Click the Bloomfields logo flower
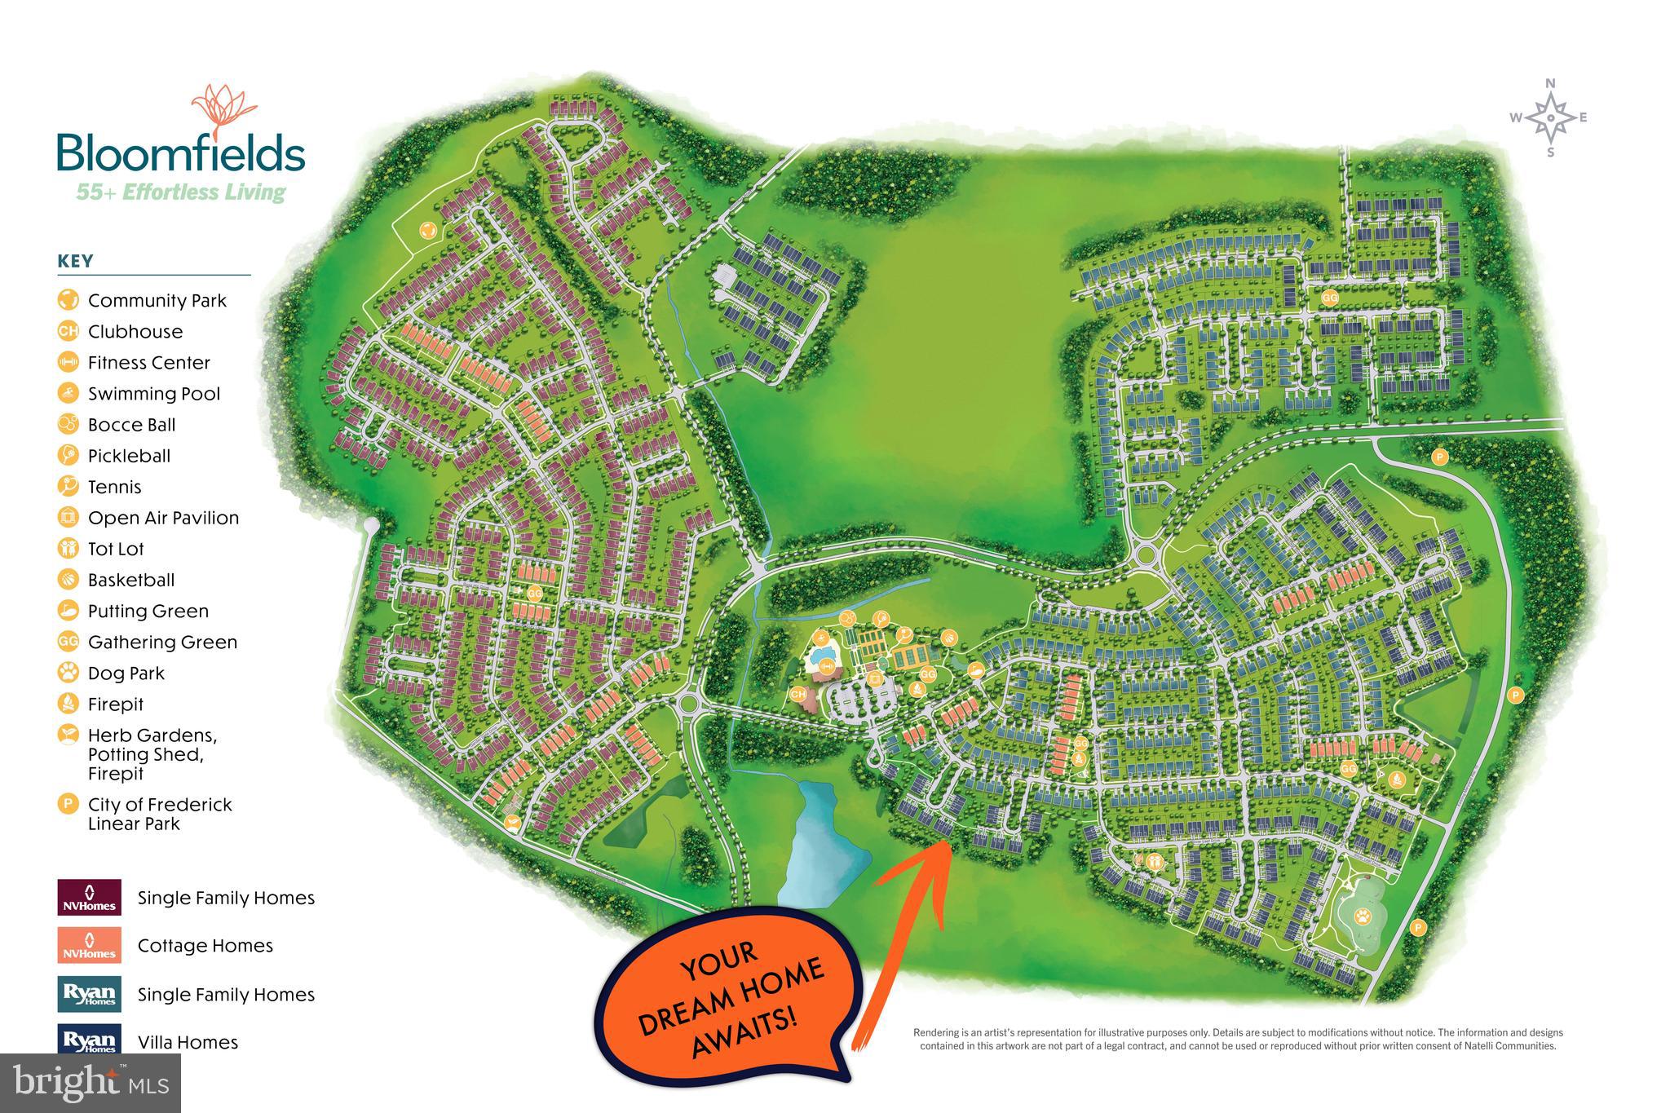(223, 111)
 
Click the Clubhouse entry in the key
(135, 331)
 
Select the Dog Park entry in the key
(126, 673)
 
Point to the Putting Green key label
(148, 611)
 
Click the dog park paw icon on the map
(1363, 916)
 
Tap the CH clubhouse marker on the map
(798, 694)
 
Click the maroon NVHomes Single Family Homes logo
(90, 897)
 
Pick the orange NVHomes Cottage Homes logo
(90, 945)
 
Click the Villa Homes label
(188, 1042)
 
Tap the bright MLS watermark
(91, 1083)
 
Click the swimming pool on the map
(828, 655)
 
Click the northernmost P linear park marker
(1439, 457)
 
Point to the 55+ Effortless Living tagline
(180, 192)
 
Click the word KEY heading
(75, 261)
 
